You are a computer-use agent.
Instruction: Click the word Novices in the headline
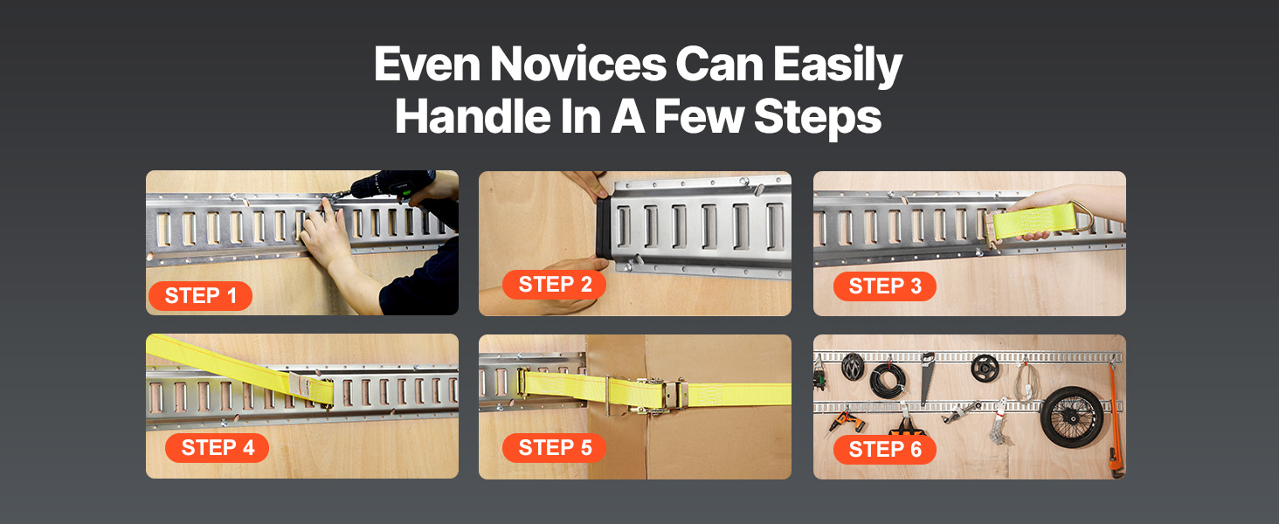[x=577, y=64]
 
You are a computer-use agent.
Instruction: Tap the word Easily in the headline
[x=838, y=65]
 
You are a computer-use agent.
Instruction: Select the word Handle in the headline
[x=474, y=116]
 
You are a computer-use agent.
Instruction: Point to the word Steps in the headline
[x=818, y=118]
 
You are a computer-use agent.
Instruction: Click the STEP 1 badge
[x=200, y=296]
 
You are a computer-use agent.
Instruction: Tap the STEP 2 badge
[x=555, y=284]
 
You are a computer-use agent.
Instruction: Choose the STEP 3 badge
[x=885, y=286]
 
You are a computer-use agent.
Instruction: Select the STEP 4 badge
[x=218, y=447]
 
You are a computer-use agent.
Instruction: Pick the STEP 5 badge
[x=555, y=448]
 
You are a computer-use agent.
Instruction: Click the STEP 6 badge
[x=885, y=450]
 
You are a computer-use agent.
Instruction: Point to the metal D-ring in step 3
[x=1085, y=216]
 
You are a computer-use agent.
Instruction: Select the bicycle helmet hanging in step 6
[x=853, y=365]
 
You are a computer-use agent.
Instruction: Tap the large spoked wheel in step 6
[x=1072, y=417]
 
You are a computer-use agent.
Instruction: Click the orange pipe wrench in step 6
[x=1115, y=419]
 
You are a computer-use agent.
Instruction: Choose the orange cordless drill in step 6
[x=845, y=423]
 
